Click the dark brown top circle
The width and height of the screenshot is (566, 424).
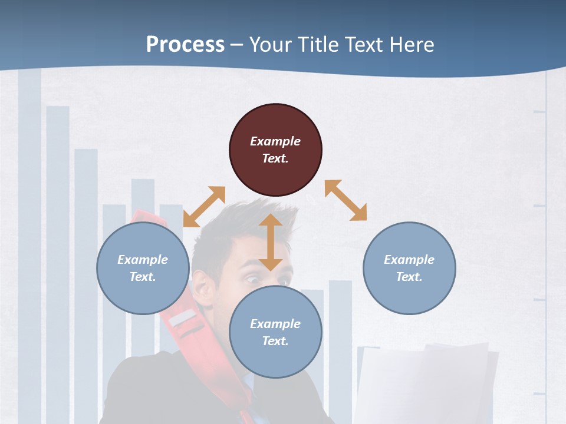pos(275,150)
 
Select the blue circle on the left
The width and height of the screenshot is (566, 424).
pos(143,268)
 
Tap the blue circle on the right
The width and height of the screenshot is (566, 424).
pos(409,268)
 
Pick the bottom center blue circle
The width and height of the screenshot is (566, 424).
pos(275,332)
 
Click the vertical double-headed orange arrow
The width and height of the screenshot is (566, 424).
pos(271,242)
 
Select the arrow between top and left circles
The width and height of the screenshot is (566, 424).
pos(204,206)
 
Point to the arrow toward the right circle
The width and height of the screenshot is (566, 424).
pos(345,200)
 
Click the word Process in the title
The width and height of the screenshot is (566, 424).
pos(185,45)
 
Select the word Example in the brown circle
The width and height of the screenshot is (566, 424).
pos(275,141)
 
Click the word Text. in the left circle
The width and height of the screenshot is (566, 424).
pos(143,277)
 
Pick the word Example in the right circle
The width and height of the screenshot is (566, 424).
pos(409,260)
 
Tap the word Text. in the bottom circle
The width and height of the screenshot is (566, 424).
pos(275,341)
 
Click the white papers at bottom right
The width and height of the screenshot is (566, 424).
pos(424,383)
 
